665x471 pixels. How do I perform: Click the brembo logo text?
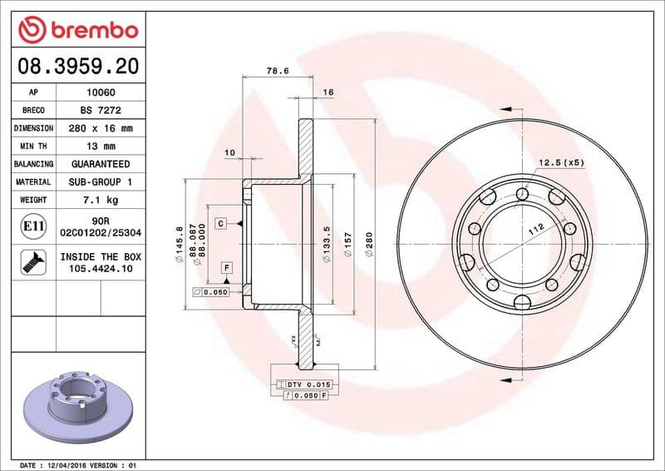[90, 31]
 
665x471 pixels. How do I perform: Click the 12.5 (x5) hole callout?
[561, 162]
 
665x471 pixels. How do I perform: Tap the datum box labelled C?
[222, 223]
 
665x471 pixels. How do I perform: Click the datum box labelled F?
[225, 267]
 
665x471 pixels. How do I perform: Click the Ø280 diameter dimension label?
[367, 245]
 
